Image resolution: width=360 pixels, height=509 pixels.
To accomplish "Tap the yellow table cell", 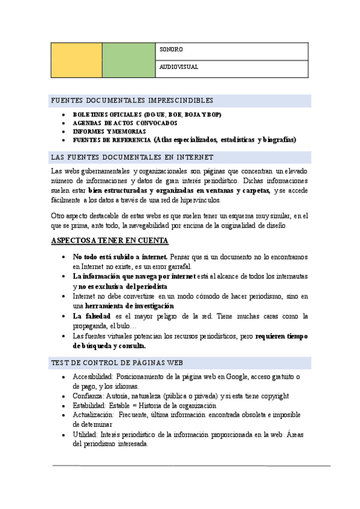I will (x=76, y=60).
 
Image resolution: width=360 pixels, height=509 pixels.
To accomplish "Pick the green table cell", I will (x=128, y=60).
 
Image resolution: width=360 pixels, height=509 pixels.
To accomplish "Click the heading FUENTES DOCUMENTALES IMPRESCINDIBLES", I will (x=133, y=100).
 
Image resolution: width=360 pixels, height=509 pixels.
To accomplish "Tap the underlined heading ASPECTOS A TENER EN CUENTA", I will (x=110, y=241).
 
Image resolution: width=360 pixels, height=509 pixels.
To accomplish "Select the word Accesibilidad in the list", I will (x=89, y=376).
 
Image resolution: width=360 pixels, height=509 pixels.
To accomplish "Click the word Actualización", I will (x=92, y=415).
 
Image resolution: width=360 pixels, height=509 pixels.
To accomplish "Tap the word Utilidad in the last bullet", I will (x=84, y=434).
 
